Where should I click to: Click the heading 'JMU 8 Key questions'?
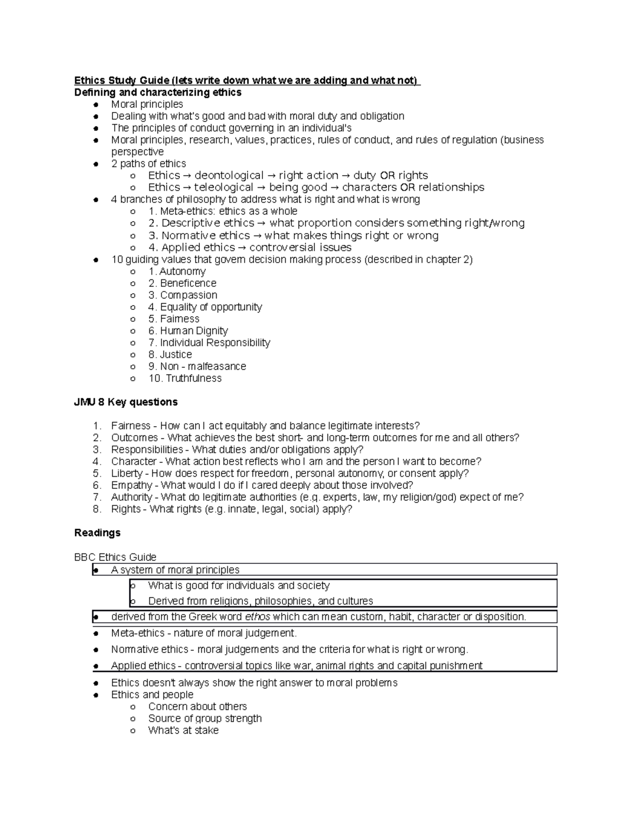pyautogui.click(x=126, y=402)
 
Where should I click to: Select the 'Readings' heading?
pyautogui.click(x=97, y=532)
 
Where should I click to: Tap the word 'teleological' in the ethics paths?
pyautogui.click(x=223, y=187)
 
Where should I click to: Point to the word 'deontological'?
pyautogui.click(x=229, y=175)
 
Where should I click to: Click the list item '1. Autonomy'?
pyautogui.click(x=177, y=271)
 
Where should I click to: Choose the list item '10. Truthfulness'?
pyautogui.click(x=185, y=378)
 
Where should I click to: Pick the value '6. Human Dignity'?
pyautogui.click(x=188, y=331)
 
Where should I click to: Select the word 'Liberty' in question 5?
pyautogui.click(x=127, y=473)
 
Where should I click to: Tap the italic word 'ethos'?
pyautogui.click(x=258, y=617)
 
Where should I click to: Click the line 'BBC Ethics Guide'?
pyautogui.click(x=115, y=557)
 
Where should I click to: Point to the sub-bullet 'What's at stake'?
pyautogui.click(x=183, y=730)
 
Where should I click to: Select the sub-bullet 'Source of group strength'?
pyautogui.click(x=205, y=718)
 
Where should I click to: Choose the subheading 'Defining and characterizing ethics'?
pyautogui.click(x=158, y=92)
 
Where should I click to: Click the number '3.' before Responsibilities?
pyautogui.click(x=97, y=450)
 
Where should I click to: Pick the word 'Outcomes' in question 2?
pyautogui.click(x=134, y=438)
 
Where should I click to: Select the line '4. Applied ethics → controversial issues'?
pyautogui.click(x=250, y=247)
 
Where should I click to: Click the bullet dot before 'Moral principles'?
pyautogui.click(x=96, y=105)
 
